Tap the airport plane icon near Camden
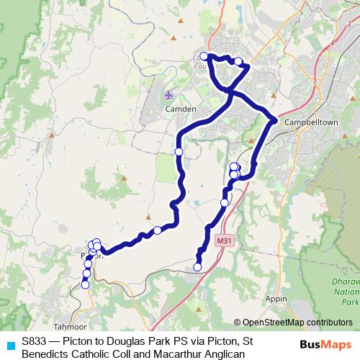coord(168,94)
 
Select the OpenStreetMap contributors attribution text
coord(297,323)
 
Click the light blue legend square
coord(9,346)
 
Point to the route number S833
coord(35,341)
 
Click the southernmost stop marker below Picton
coord(85,284)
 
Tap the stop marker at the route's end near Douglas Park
coord(198,268)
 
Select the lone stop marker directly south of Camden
coord(179,151)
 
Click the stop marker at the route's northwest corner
coord(204,56)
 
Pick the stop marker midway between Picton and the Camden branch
coord(157,230)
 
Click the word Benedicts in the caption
coord(45,353)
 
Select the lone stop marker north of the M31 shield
coord(224,203)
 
